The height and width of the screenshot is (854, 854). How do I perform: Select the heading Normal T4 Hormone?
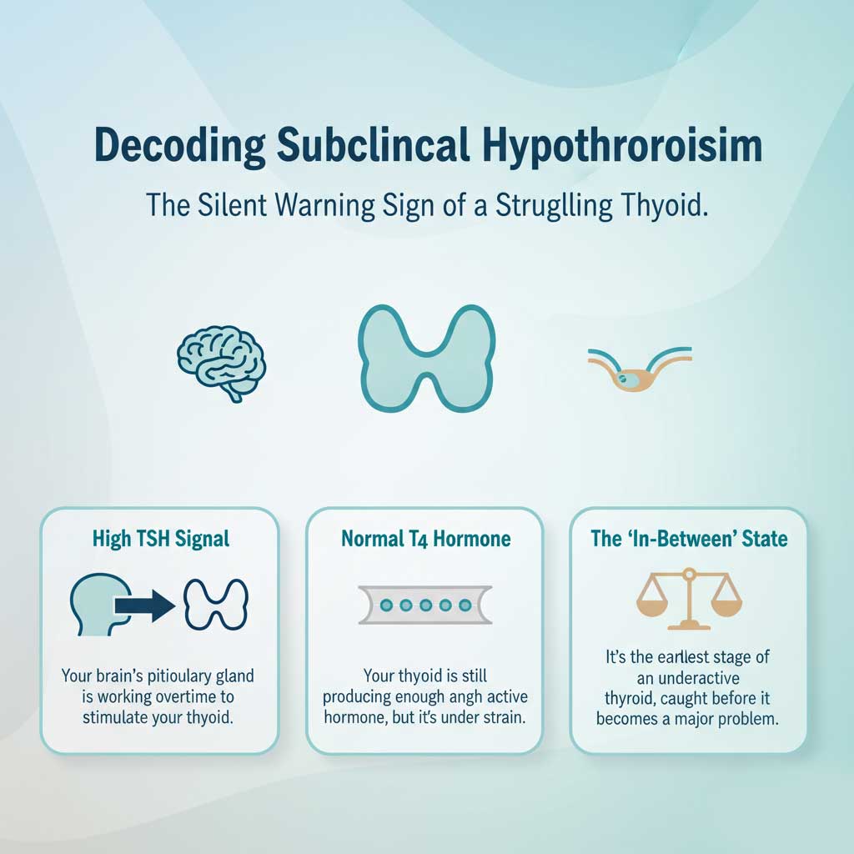click(425, 539)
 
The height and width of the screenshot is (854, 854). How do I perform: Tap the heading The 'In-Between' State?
click(689, 539)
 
